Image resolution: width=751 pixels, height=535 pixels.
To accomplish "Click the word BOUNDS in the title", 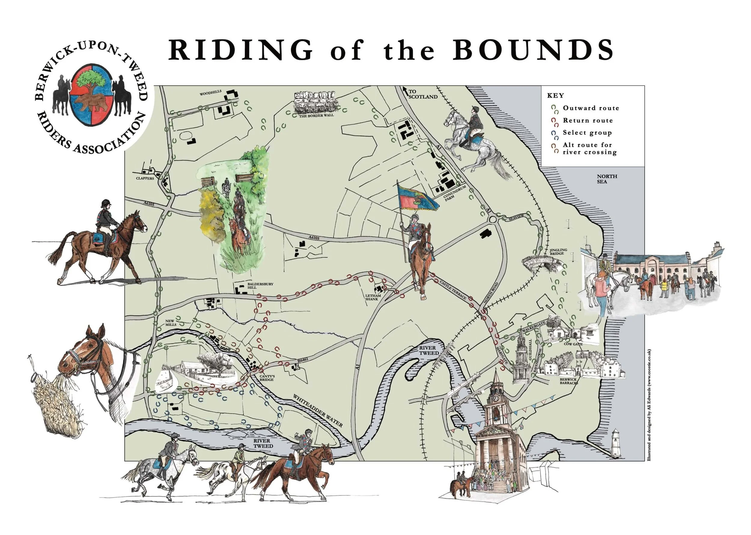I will coord(533,50).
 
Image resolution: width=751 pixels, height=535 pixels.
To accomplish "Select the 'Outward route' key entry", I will coord(591,108).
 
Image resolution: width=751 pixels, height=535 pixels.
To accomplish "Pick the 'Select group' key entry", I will coord(587,133).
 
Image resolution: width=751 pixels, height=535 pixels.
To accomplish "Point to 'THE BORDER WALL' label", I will coord(316,116).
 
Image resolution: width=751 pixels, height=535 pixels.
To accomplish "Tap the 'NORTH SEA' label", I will coord(607,179).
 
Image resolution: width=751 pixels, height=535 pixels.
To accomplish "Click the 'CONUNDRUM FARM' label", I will coord(455,193).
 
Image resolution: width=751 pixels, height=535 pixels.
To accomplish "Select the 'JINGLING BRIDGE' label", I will coord(558,252).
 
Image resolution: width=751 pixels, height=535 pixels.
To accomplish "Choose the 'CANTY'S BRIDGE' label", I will coord(267,378).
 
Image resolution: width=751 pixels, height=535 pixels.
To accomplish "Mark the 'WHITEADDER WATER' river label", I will coord(318,411).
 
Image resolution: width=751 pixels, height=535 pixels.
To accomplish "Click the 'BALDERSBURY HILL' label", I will coord(260,286).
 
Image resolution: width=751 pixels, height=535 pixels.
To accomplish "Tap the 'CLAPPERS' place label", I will coord(145,178).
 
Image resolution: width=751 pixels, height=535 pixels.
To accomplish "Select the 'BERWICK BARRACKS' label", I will coord(568,381).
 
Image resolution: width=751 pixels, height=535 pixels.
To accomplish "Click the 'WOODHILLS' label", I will coord(210,93).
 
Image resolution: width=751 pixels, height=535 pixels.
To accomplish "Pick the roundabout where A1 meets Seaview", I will coord(493,219).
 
